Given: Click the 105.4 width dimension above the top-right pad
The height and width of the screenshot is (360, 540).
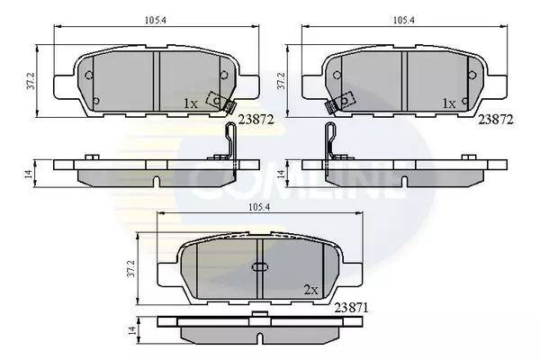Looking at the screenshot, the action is tap(404, 21).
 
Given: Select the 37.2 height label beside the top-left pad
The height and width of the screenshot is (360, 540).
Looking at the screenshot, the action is tap(31, 81).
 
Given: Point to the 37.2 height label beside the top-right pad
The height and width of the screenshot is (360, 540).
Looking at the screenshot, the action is tap(282, 81).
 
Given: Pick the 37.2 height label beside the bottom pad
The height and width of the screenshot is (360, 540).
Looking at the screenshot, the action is tap(131, 269).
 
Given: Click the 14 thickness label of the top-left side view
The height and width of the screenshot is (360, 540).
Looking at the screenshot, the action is tap(30, 174).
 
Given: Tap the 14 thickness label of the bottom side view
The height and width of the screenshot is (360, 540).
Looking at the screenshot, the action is tap(132, 330).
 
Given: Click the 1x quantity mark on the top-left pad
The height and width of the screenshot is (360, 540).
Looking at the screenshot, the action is tap(191, 103).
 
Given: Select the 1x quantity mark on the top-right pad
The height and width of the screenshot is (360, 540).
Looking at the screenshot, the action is tap(449, 103).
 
